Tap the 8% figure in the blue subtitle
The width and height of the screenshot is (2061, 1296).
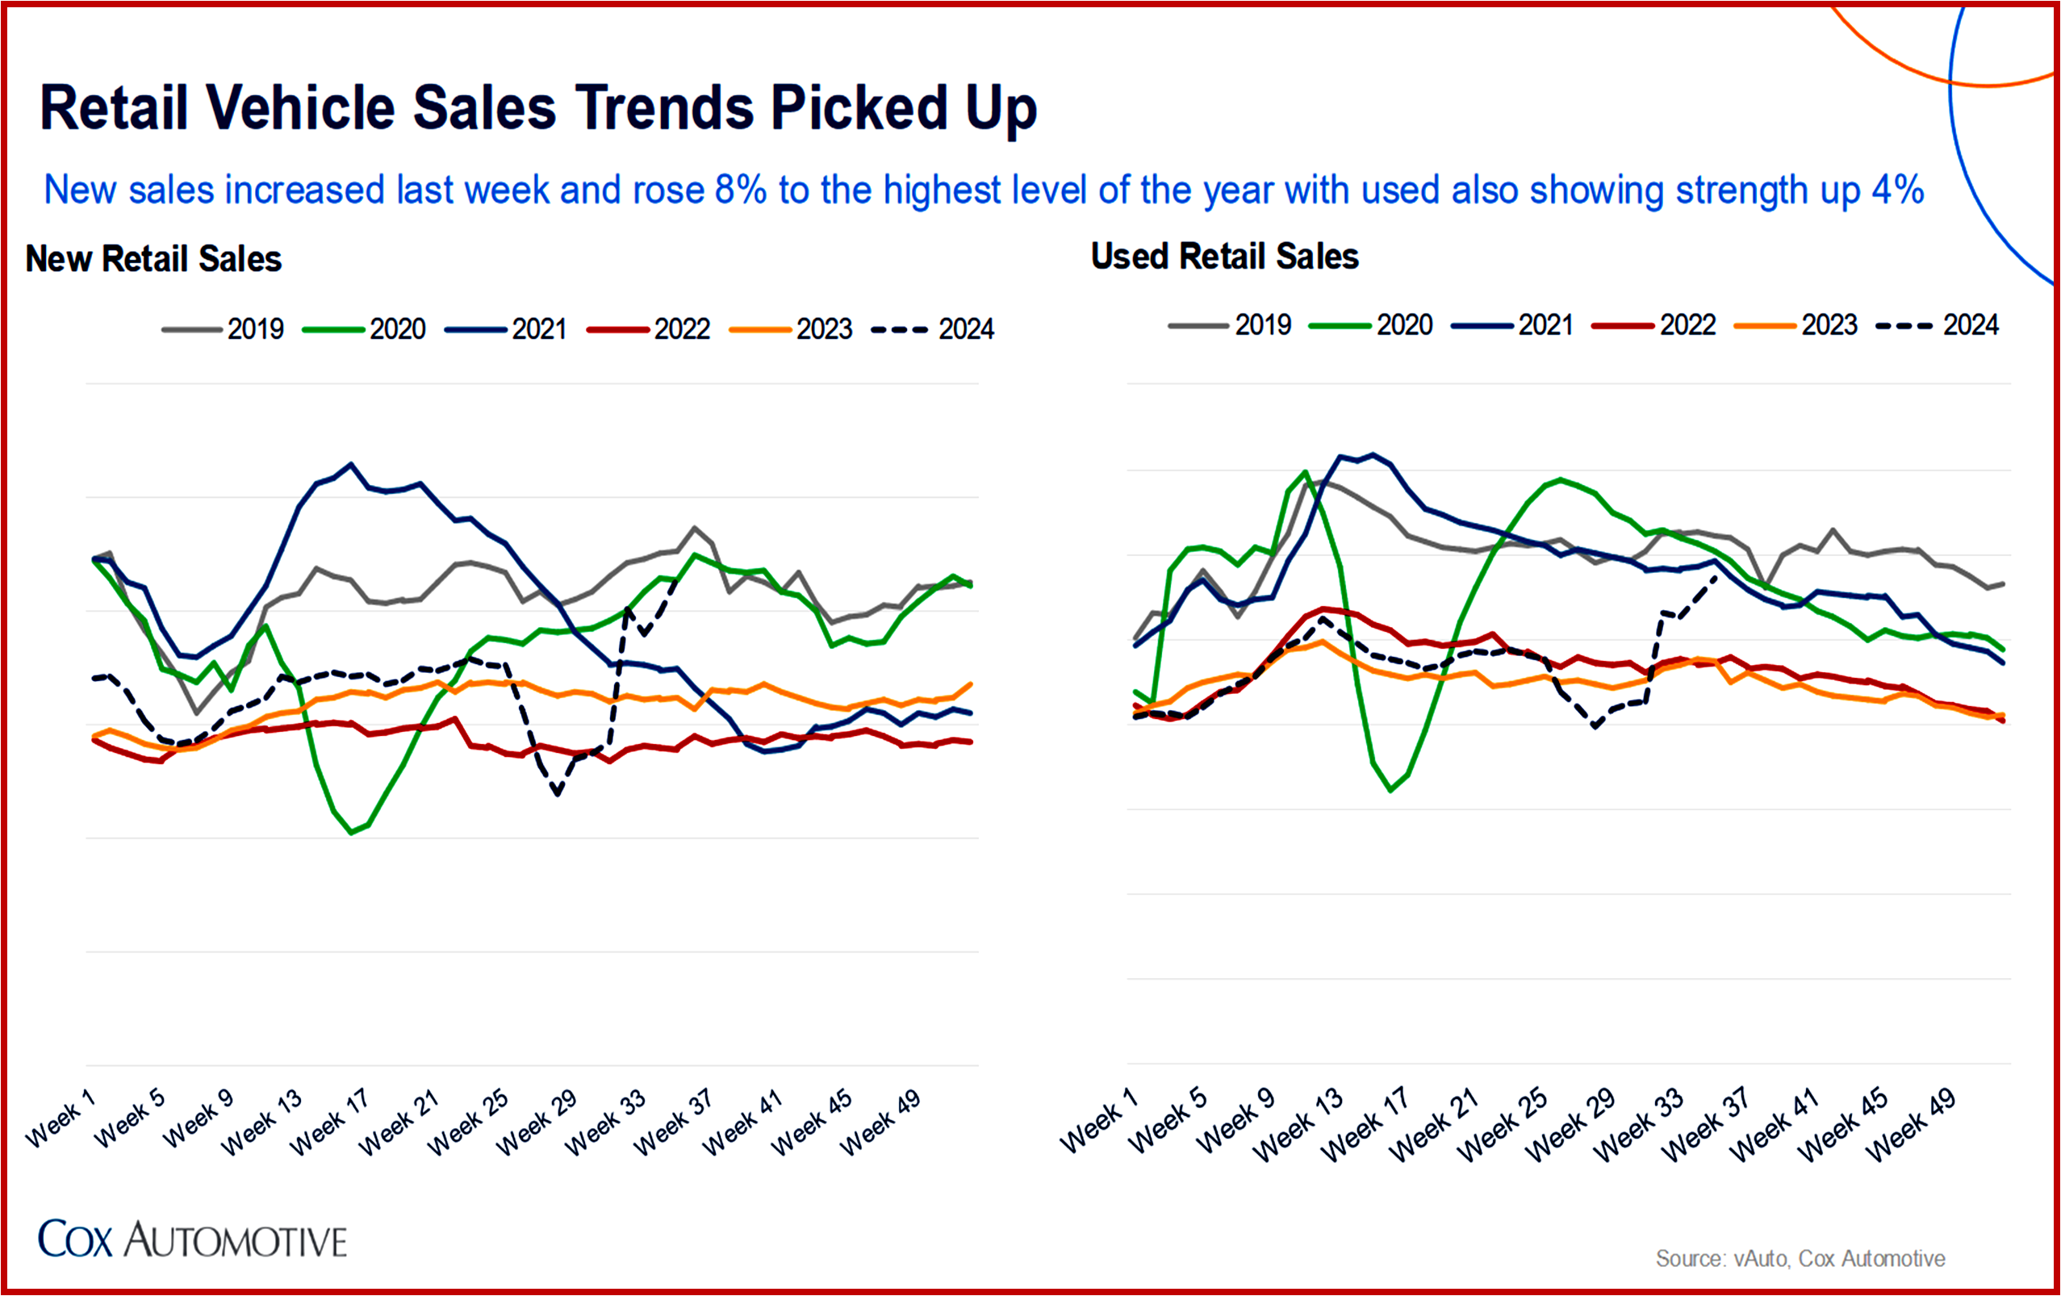tap(739, 190)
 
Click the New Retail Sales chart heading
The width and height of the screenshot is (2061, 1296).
tap(153, 258)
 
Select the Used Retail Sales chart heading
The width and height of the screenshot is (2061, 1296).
tap(1224, 256)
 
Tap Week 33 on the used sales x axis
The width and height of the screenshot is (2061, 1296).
tap(1638, 1124)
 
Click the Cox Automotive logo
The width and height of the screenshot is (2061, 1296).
tap(193, 1240)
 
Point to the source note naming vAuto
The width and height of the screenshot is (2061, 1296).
tap(1800, 1258)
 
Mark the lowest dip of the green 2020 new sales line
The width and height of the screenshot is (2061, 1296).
tap(352, 832)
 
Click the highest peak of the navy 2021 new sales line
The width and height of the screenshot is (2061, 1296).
tap(351, 464)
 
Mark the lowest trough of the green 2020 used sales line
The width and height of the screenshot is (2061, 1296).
tap(1390, 790)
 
